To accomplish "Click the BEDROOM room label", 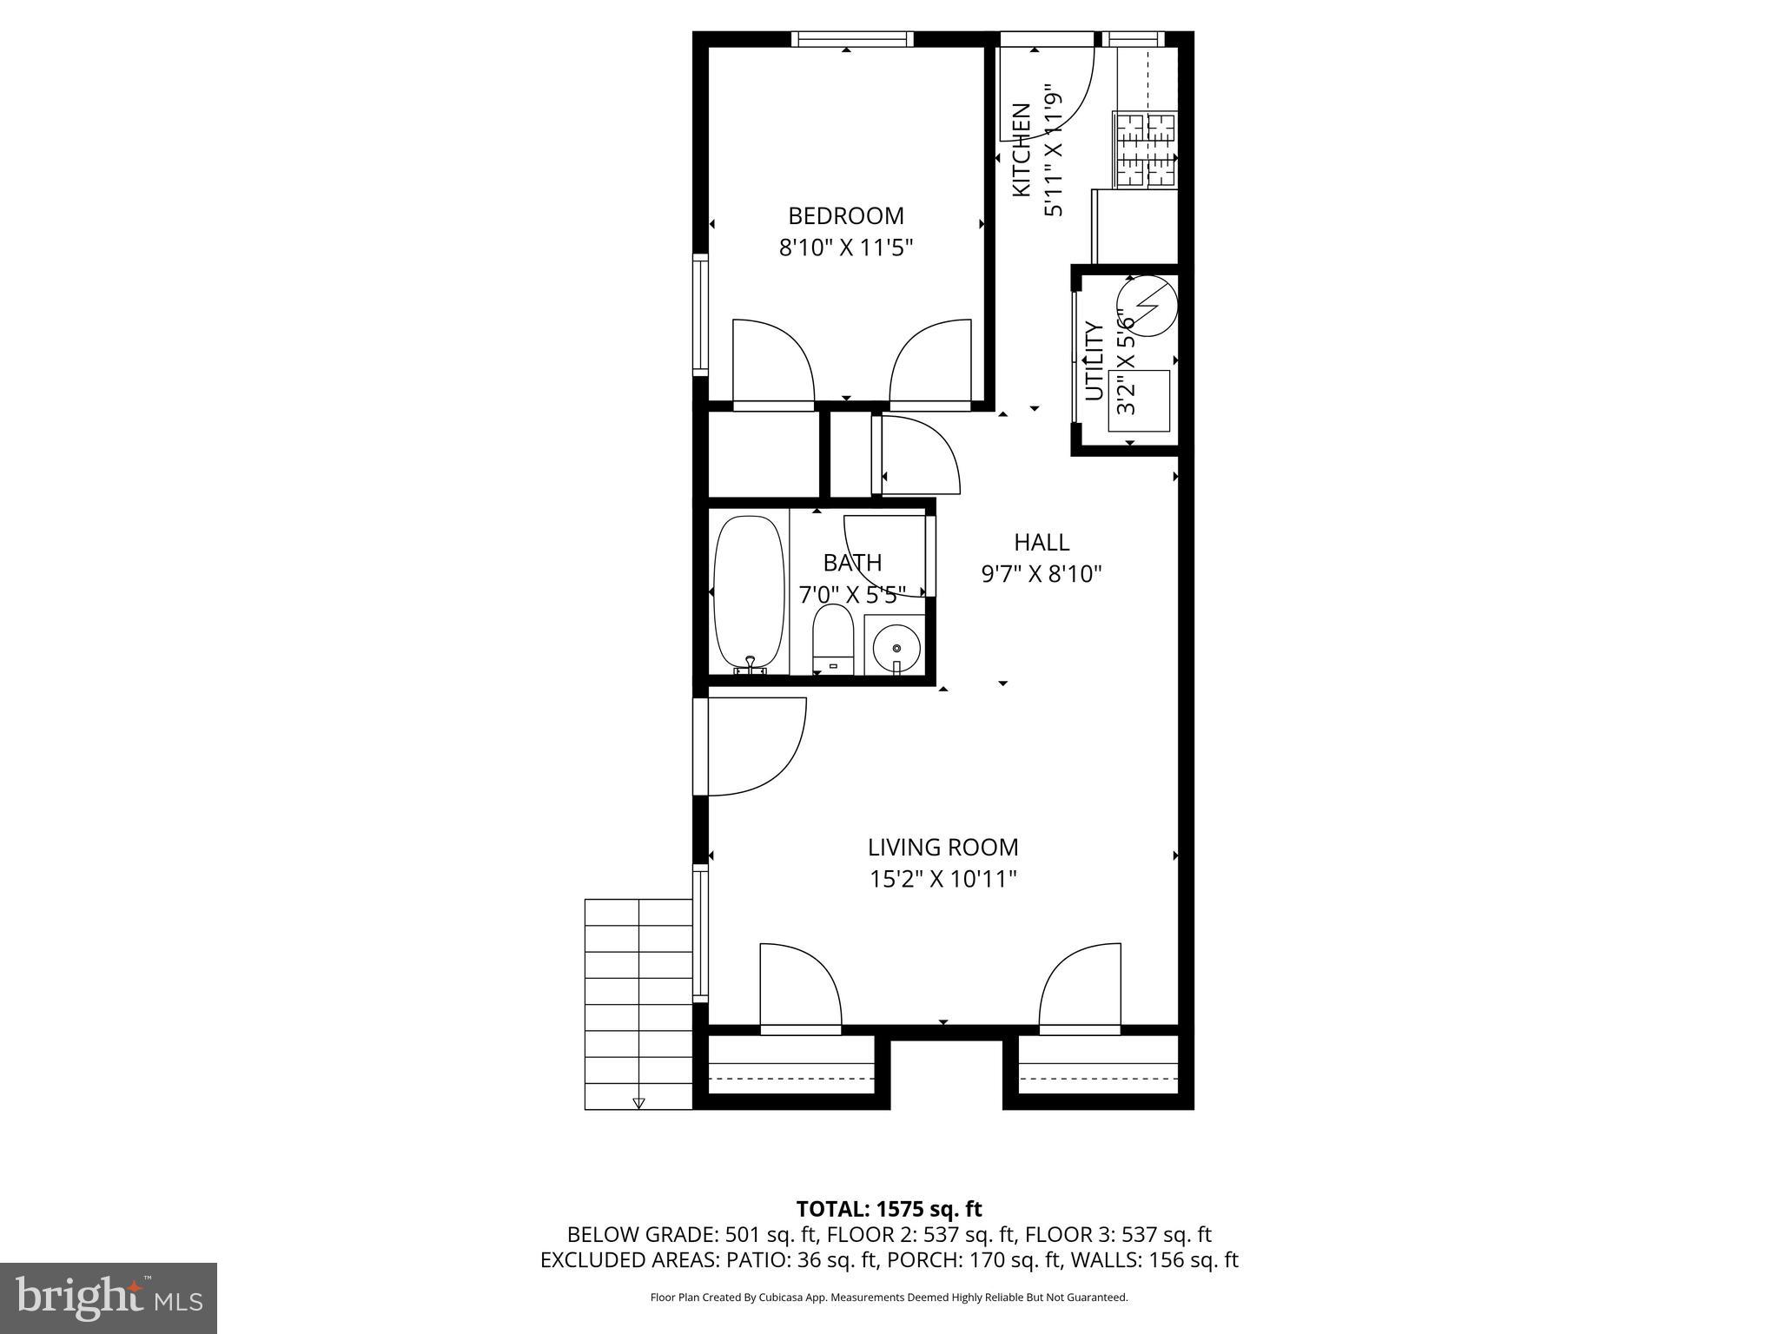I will [x=845, y=215].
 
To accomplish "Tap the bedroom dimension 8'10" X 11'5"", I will [x=845, y=248].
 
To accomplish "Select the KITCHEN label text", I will [x=1022, y=149].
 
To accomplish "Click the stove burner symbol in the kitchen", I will [x=1145, y=151].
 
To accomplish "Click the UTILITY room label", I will [x=1095, y=361].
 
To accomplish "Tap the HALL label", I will [x=1042, y=543].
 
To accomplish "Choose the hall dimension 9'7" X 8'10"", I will [x=1042, y=574].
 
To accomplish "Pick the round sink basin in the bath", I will [x=896, y=648].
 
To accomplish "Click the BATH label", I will [x=852, y=563].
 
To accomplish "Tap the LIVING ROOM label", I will [x=942, y=847].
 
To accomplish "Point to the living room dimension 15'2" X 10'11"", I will [x=942, y=880].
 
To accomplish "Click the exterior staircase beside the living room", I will [x=638, y=1003].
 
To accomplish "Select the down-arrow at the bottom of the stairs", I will [x=638, y=1103].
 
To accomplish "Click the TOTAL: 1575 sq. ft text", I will [x=889, y=1209].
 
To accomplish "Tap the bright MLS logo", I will [x=109, y=1298].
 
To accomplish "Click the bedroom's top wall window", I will [x=852, y=39].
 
